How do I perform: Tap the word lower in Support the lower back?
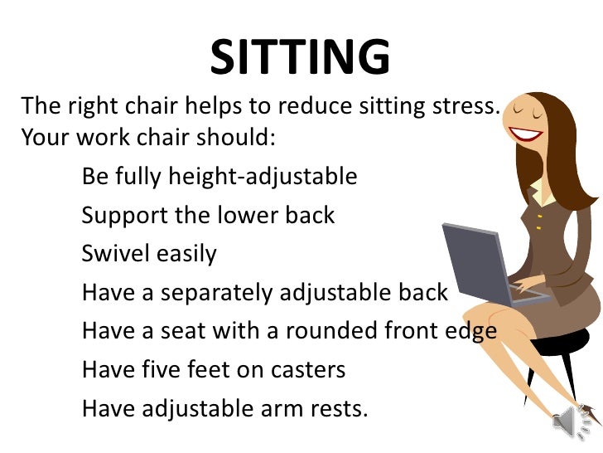coord(248,216)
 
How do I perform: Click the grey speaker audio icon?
coord(572,423)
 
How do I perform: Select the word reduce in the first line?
coord(314,107)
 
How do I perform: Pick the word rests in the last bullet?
coord(337,408)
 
